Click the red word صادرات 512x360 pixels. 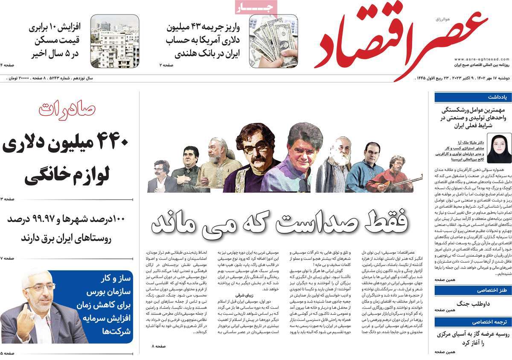coord(67,110)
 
